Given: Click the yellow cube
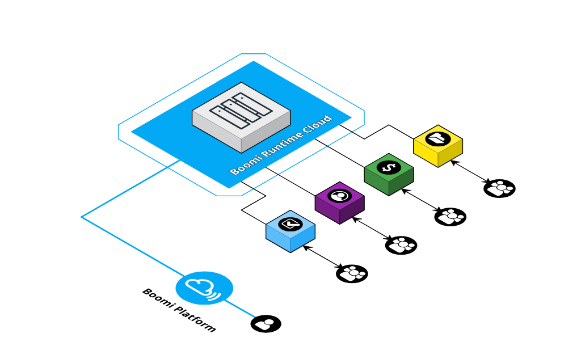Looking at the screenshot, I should click(438, 146).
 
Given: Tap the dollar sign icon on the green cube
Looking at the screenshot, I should click(389, 167).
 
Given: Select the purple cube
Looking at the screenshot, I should click(339, 203).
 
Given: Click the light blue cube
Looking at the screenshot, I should click(290, 232).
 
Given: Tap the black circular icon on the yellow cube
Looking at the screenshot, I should click(438, 138).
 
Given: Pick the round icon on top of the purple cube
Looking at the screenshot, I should click(339, 196).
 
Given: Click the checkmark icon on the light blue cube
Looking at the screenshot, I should click(290, 224).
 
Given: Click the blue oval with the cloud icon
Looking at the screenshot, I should click(204, 288).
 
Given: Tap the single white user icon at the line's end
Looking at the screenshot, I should click(264, 324).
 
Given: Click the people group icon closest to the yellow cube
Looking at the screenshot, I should click(500, 188).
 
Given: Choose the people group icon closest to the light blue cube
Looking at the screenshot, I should click(352, 273).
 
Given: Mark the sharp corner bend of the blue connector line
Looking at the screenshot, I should click(82, 217).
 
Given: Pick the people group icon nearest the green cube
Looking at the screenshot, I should click(451, 217).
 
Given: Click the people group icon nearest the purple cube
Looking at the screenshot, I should click(402, 245).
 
